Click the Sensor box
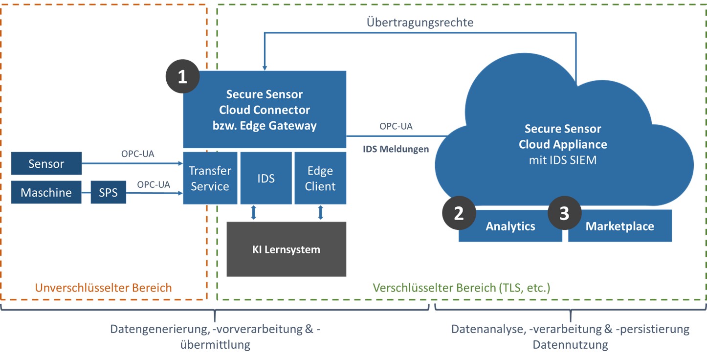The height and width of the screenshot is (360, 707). pyautogui.click(x=46, y=163)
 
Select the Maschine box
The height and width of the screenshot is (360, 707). pyautogui.click(x=46, y=192)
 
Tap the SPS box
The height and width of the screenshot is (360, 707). pyautogui.click(x=108, y=192)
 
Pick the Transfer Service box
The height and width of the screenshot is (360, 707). pyautogui.click(x=210, y=178)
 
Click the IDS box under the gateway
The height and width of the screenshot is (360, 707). pyautogui.click(x=266, y=178)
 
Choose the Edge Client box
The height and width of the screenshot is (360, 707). pyautogui.click(x=320, y=178)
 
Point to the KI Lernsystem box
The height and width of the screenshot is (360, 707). pyautogui.click(x=286, y=249)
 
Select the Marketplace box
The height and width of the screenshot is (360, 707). pyautogui.click(x=620, y=226)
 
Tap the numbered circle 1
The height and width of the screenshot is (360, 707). pyautogui.click(x=182, y=76)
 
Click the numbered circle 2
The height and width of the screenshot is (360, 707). pyautogui.click(x=459, y=214)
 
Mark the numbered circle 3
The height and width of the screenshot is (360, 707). pyautogui.click(x=564, y=214)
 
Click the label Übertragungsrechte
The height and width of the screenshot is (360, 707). pyautogui.click(x=420, y=22)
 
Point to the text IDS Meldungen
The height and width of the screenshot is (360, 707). pyautogui.click(x=396, y=149)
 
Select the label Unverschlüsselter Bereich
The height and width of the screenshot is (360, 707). pyautogui.click(x=103, y=288)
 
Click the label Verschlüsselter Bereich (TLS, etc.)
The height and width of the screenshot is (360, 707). pyautogui.click(x=462, y=288)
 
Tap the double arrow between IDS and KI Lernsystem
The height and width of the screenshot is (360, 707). pyautogui.click(x=254, y=212)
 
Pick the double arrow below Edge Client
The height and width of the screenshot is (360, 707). pyautogui.click(x=321, y=212)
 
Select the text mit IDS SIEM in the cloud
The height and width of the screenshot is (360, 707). pyautogui.click(x=563, y=159)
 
